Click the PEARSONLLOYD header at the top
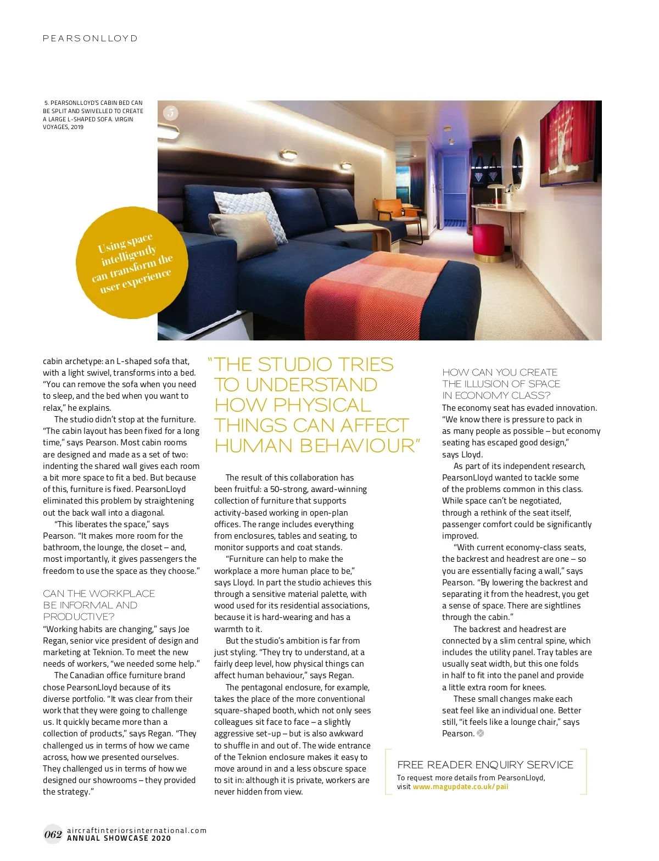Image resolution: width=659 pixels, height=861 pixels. click(x=90, y=38)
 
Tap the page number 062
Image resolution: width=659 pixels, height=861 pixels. click(x=53, y=835)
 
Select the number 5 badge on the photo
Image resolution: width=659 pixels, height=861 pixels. click(x=171, y=113)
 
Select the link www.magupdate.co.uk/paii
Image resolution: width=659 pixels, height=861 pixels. click(x=460, y=787)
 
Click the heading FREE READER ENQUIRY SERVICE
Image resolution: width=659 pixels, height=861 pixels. click(x=485, y=765)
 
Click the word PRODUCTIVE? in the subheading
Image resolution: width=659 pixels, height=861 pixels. click(x=79, y=617)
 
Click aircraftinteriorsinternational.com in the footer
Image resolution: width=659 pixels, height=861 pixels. click(x=137, y=830)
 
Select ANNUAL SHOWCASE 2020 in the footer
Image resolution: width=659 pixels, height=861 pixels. click(x=119, y=838)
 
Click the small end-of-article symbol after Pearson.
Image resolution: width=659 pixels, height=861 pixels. click(x=481, y=734)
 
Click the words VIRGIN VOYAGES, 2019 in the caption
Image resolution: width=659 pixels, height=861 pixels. click(x=88, y=123)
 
